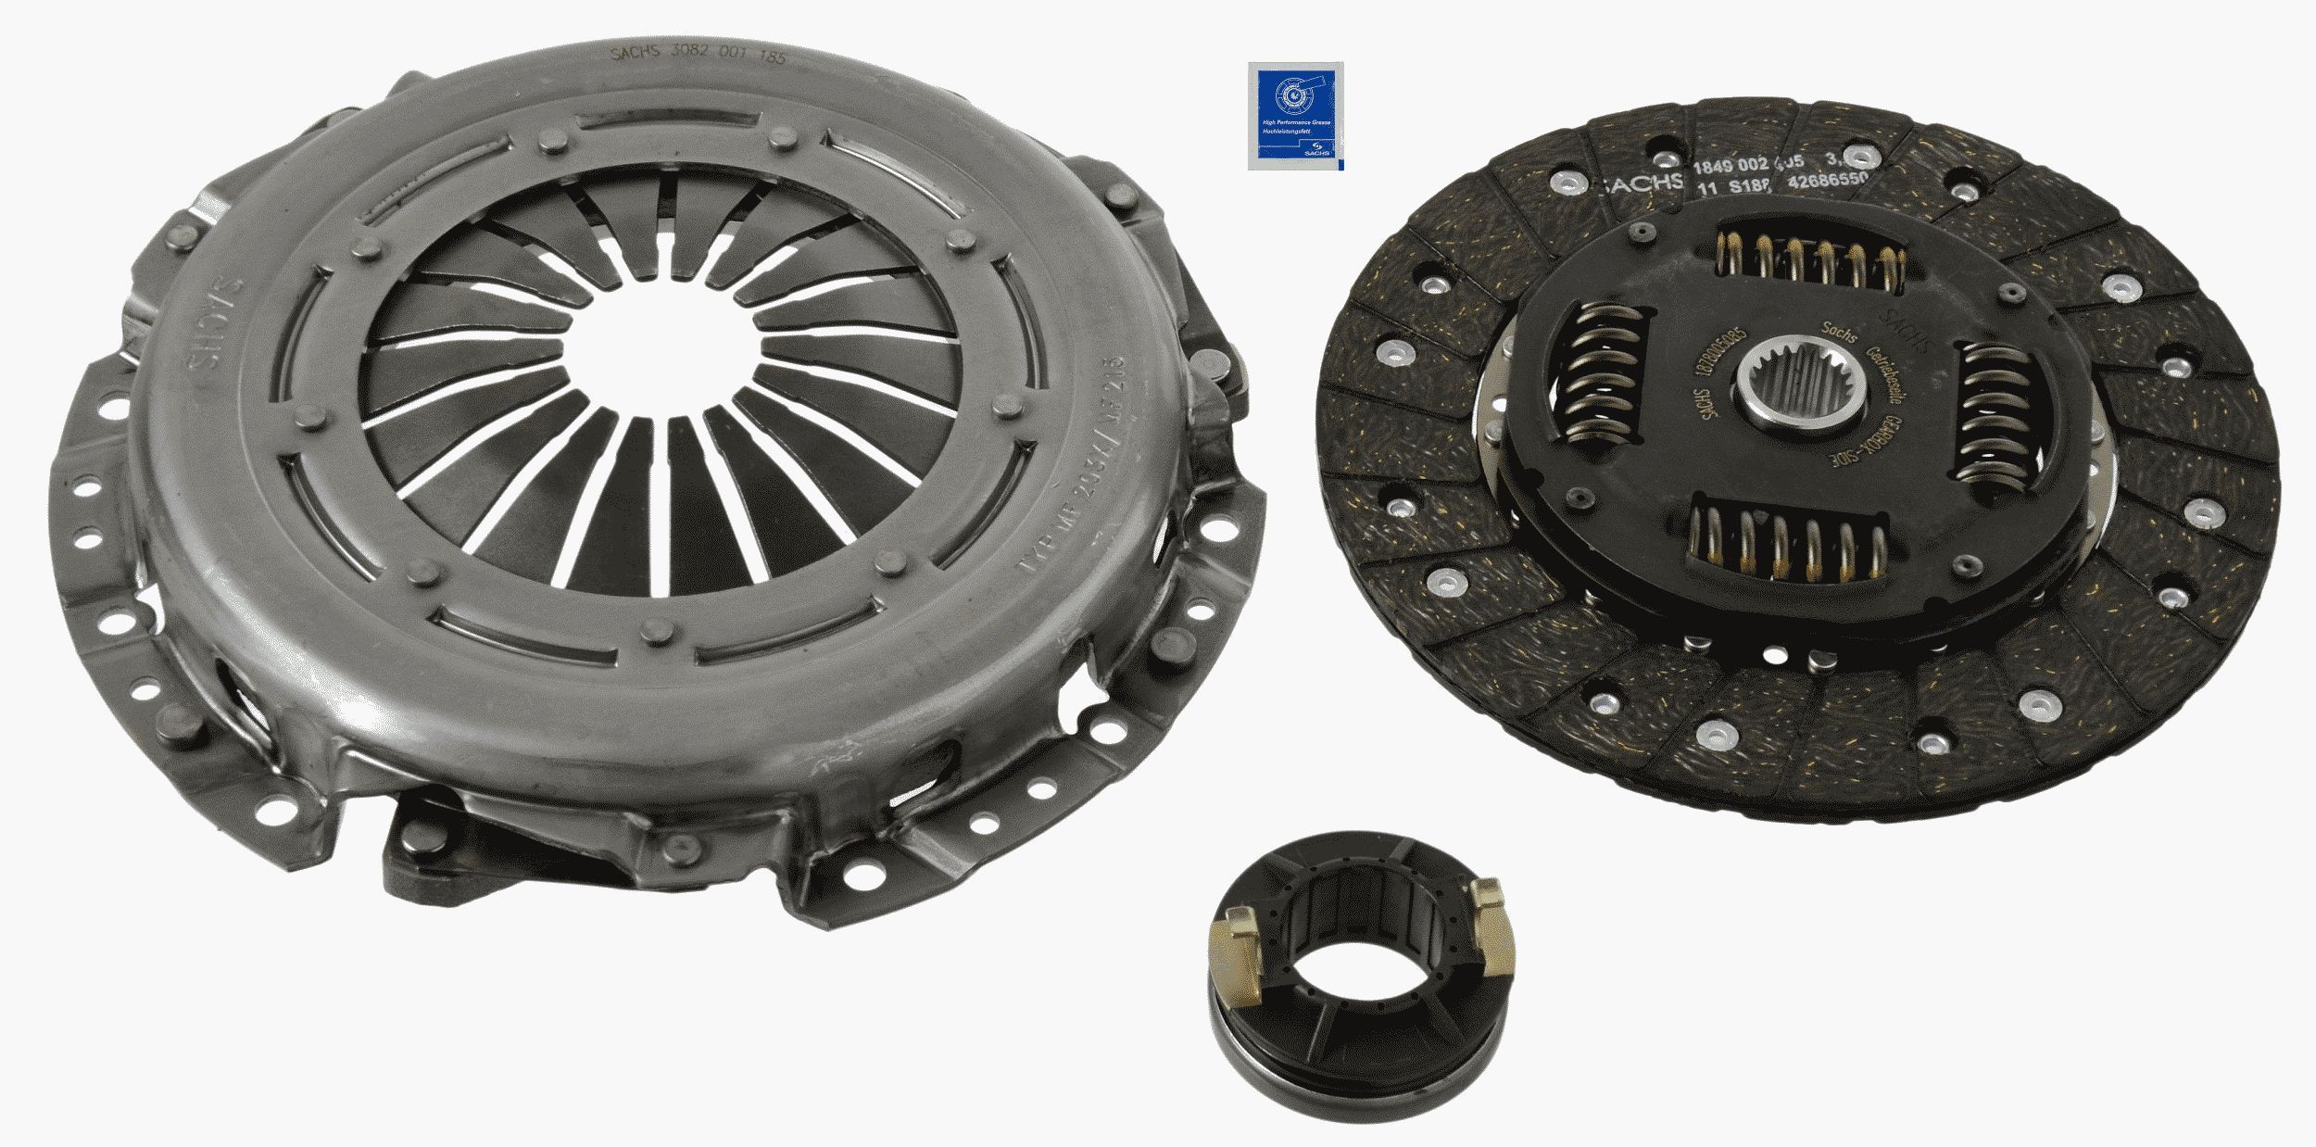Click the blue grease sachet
tap(1295, 115)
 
